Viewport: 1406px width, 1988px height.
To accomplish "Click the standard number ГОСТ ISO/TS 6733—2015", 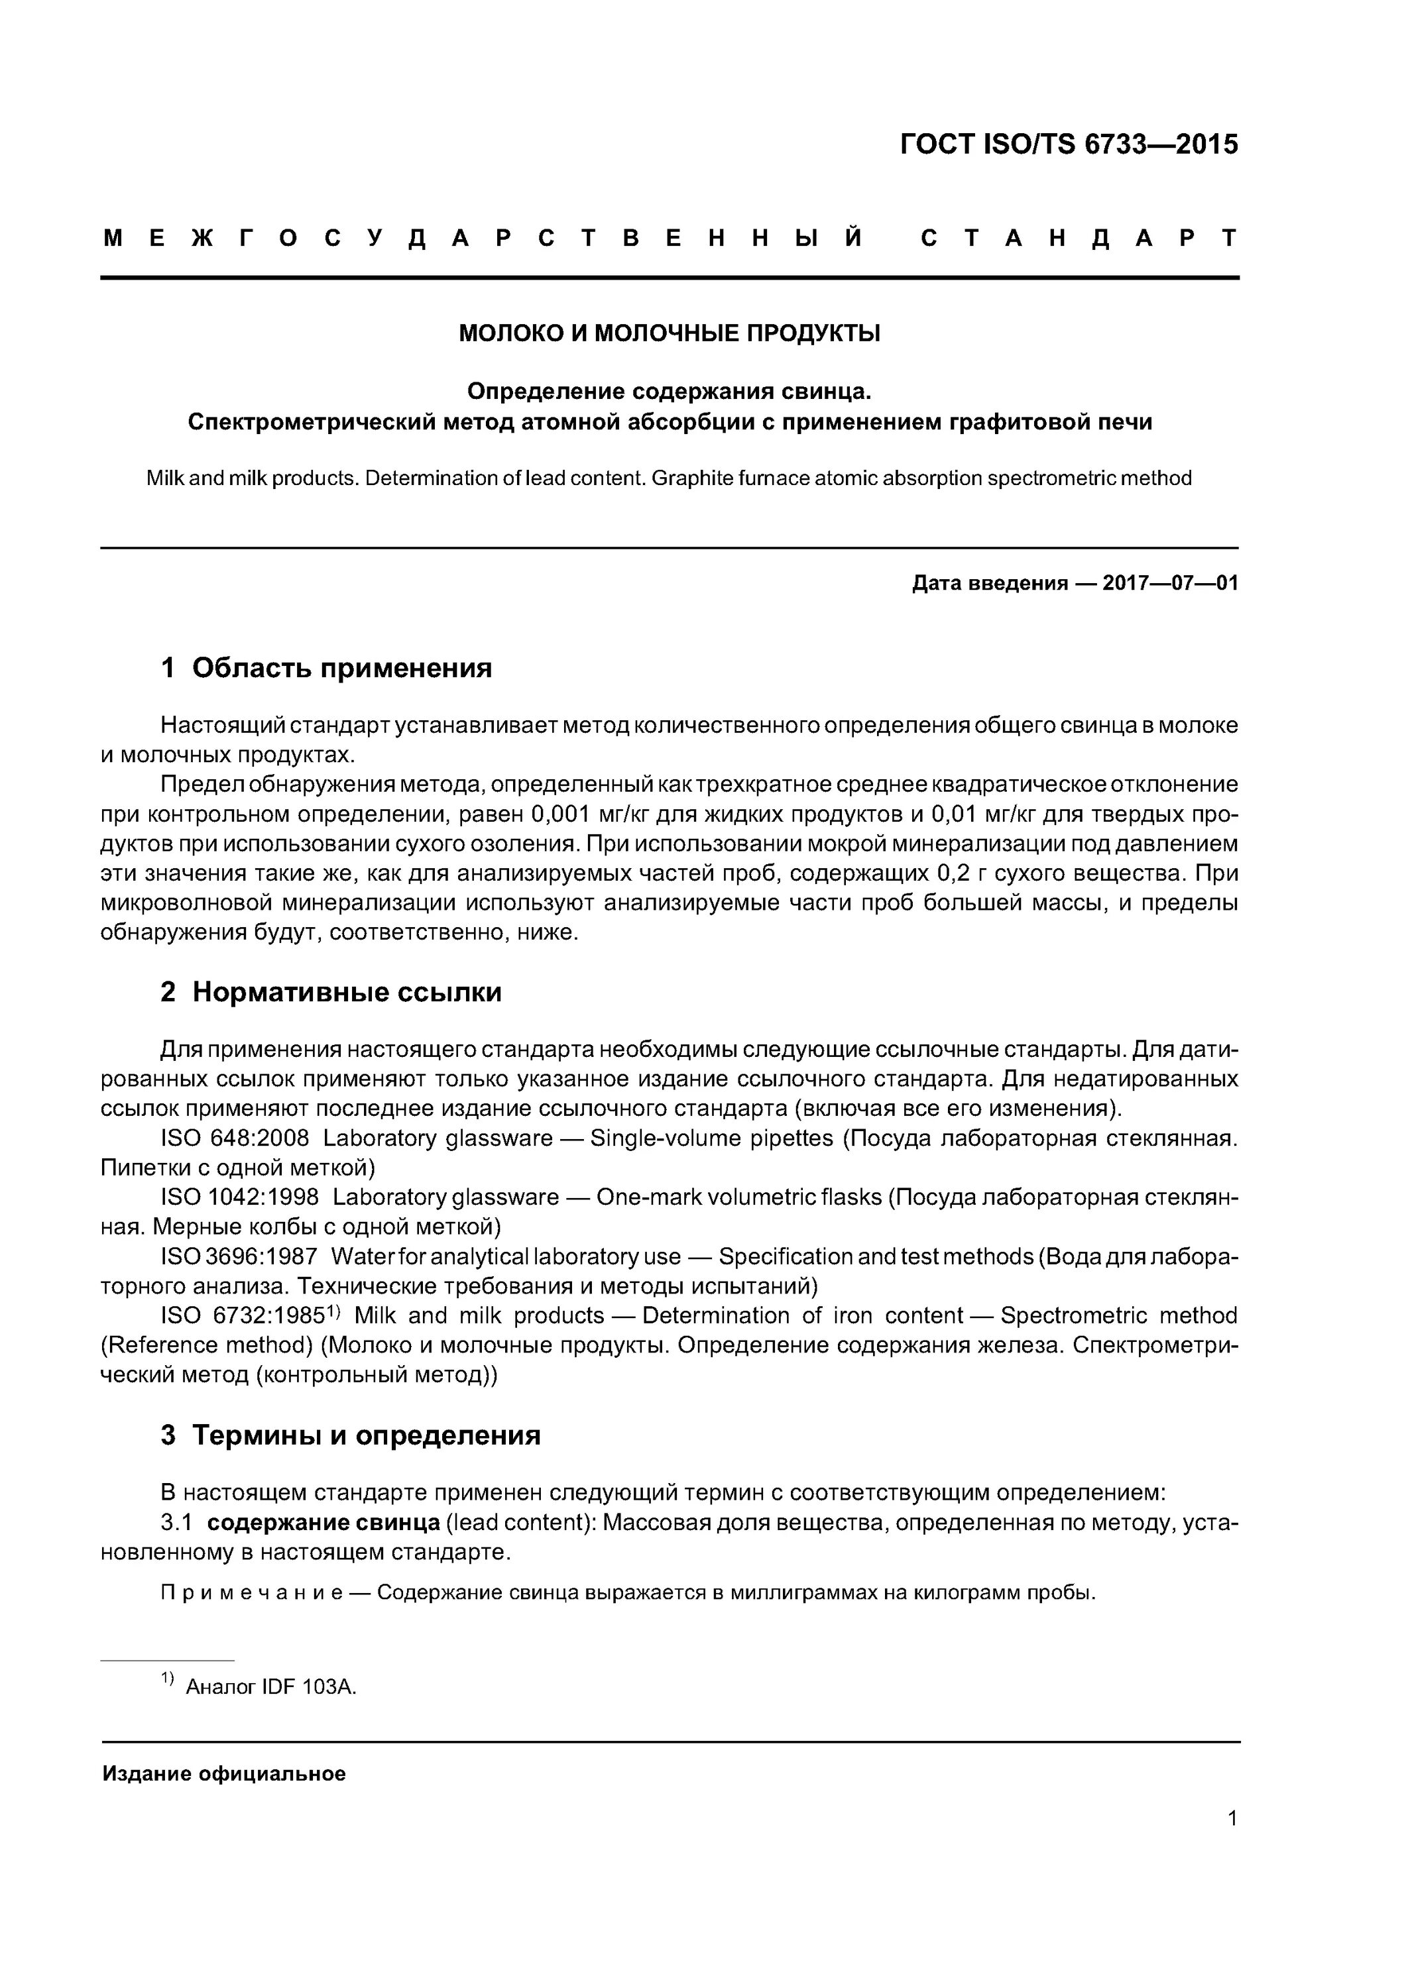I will (1069, 144).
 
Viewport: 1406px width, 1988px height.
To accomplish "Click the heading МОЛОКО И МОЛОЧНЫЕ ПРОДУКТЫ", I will (669, 333).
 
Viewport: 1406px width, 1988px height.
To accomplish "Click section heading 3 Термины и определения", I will (351, 1435).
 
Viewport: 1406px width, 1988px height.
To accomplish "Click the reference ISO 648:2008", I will (235, 1138).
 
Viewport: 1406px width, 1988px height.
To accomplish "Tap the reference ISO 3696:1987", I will (239, 1256).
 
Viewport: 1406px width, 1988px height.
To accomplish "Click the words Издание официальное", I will (224, 1774).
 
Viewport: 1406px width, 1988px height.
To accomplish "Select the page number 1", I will (1232, 1818).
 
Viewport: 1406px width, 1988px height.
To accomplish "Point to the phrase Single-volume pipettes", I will (711, 1138).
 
